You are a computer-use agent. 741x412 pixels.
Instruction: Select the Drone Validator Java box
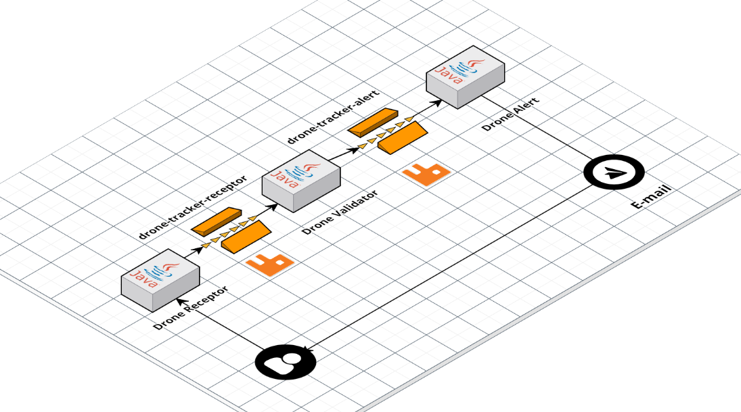[301, 181]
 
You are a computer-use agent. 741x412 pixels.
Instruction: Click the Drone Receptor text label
[192, 308]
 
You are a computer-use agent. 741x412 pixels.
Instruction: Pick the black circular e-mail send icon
[613, 173]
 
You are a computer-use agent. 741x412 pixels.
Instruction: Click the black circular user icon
[285, 362]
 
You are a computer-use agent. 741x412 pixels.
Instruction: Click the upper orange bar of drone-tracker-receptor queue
[217, 221]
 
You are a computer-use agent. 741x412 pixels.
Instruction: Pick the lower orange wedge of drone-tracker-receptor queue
[246, 236]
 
